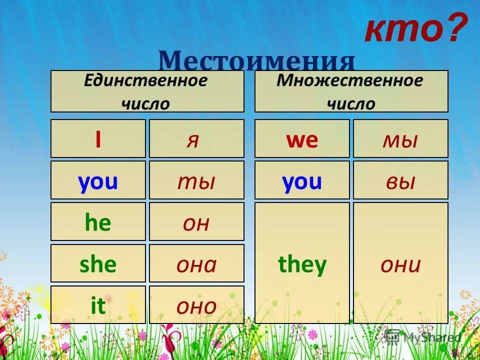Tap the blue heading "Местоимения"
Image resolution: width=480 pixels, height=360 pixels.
coord(256,61)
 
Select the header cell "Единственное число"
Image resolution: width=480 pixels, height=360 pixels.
coord(147,91)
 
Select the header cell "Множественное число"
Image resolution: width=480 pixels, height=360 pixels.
coord(351,91)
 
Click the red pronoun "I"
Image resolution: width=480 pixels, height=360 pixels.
coord(98,139)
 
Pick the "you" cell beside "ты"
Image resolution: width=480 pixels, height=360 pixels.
coord(98,180)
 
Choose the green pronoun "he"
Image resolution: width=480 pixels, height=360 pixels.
coord(98,222)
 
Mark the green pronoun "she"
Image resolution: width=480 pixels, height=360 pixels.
coord(98,263)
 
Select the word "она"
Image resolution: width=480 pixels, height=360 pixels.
coord(196,263)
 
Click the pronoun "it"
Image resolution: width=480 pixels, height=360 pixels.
coord(98,305)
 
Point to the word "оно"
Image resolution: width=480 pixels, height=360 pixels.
coord(196,305)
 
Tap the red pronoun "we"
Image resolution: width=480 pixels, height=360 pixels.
coord(302,139)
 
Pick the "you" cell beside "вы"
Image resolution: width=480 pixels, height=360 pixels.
coord(302,180)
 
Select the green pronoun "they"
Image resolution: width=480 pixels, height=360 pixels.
coord(302,263)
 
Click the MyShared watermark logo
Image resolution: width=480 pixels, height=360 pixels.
coord(422,337)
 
